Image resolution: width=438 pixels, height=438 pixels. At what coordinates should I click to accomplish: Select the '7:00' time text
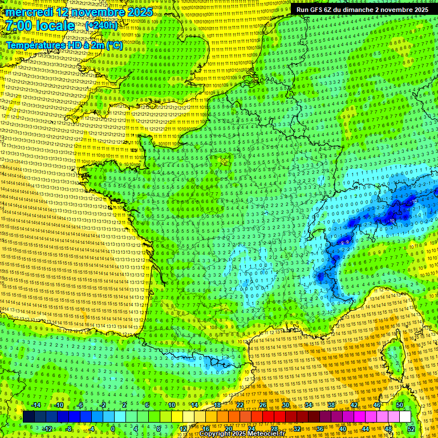coord(21,26)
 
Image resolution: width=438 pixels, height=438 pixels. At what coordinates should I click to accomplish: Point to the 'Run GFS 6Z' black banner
coord(363,10)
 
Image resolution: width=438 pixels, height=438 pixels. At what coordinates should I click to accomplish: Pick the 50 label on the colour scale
coord(400,405)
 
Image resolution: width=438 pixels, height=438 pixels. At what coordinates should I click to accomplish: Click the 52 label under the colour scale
coord(411,429)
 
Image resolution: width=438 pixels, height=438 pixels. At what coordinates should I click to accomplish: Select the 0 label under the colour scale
coord(113,429)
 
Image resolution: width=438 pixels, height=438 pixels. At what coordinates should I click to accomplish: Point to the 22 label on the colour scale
coord(240,405)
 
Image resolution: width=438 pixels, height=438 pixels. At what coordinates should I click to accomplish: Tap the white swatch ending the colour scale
coord(405,417)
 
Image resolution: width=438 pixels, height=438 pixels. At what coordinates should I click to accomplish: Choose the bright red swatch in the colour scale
coord(269,417)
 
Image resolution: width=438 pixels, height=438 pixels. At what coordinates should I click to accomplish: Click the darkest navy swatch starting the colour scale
coord(29,417)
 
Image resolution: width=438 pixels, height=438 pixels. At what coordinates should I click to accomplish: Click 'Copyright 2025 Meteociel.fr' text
coord(244,434)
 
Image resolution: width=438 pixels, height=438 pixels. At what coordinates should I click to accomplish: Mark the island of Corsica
coord(394,356)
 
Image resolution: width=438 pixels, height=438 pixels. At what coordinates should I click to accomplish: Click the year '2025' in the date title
coord(139,12)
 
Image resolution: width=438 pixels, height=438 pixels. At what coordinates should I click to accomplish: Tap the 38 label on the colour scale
coord(331,405)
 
